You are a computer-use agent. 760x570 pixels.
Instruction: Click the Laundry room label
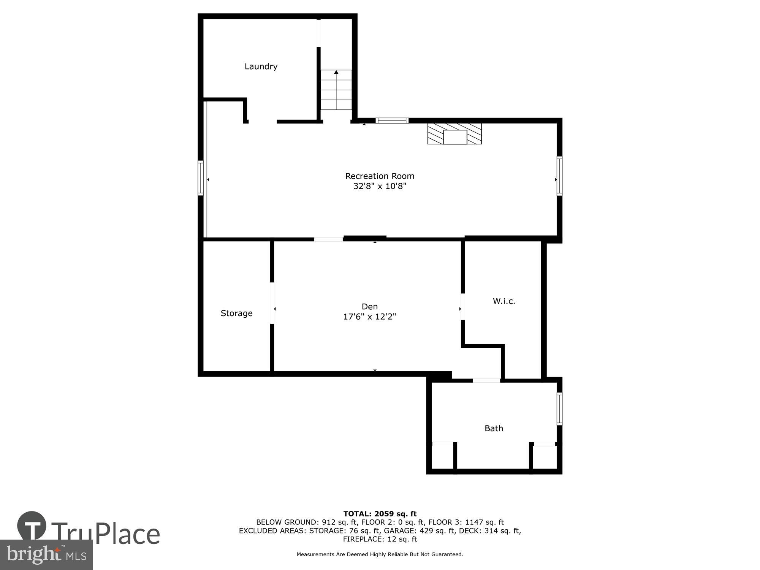click(261, 66)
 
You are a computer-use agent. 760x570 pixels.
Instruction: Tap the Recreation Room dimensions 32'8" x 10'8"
click(380, 186)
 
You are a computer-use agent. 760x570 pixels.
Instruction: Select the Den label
click(369, 306)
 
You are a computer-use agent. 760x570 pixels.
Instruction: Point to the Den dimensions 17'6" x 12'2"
click(369, 317)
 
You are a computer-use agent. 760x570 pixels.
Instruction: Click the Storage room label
click(236, 313)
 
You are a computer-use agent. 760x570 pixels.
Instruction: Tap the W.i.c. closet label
click(504, 301)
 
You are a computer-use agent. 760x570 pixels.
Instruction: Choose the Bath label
click(494, 428)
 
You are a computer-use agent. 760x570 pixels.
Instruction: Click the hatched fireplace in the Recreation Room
click(454, 133)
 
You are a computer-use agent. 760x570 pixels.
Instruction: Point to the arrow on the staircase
click(336, 72)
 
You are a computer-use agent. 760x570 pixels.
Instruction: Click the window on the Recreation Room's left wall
click(201, 178)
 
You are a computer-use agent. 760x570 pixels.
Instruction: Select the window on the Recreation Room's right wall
click(559, 176)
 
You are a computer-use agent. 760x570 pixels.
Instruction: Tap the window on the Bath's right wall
click(559, 408)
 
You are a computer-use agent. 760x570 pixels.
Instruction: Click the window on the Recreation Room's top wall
click(392, 120)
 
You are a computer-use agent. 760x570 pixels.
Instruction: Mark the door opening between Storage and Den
click(272, 303)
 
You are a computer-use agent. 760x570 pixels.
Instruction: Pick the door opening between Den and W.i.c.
click(462, 307)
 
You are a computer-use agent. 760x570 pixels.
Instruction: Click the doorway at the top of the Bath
click(486, 380)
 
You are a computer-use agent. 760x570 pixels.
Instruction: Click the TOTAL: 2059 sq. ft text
click(380, 514)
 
